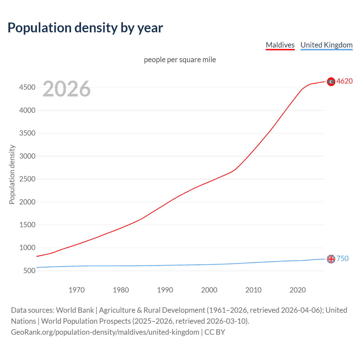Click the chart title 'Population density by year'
click(x=85, y=28)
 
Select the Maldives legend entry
click(x=280, y=45)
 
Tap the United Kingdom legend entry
click(x=326, y=45)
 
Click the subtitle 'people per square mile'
click(x=180, y=60)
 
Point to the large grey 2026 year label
click(x=67, y=89)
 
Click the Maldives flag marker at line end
click(x=331, y=82)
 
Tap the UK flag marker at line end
click(x=331, y=259)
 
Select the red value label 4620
click(x=344, y=81)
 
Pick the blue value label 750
click(x=342, y=258)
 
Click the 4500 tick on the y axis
click(x=27, y=87)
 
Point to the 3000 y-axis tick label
click(x=27, y=156)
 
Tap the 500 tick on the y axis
click(x=29, y=271)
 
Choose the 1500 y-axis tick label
click(x=27, y=225)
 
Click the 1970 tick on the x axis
click(x=76, y=290)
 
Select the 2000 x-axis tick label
click(x=209, y=290)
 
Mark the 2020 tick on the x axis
click(x=298, y=290)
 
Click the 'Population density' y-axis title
click(x=12, y=174)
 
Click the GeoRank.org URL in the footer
click(x=105, y=332)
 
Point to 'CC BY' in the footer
click(x=215, y=332)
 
